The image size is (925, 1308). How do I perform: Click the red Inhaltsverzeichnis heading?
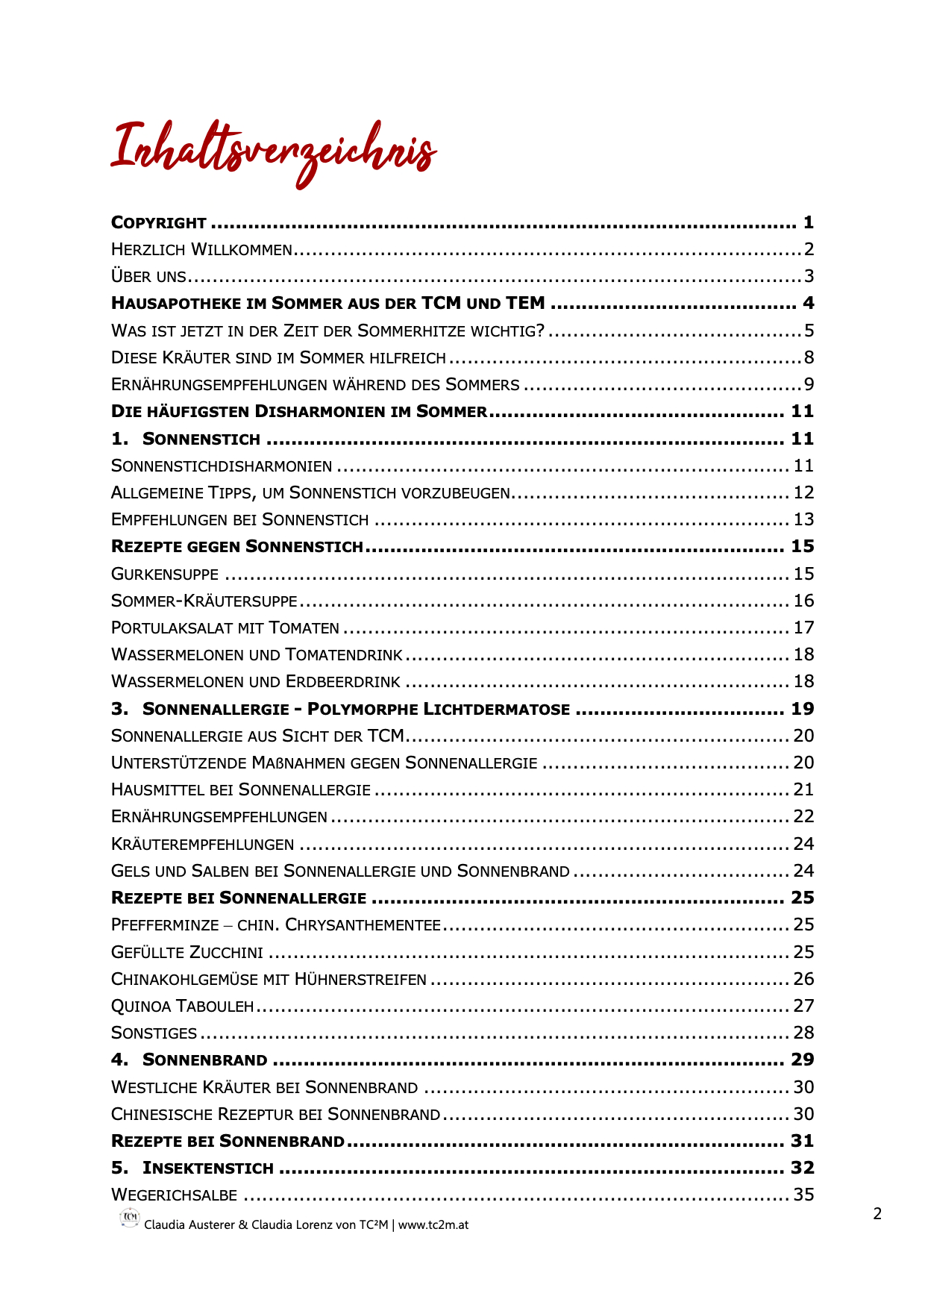273,151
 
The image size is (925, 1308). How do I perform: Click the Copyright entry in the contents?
158,222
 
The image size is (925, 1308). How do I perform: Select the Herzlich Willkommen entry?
201,249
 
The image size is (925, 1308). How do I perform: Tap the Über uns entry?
148,276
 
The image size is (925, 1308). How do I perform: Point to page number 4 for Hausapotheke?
808,303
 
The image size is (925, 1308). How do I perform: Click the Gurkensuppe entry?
165,574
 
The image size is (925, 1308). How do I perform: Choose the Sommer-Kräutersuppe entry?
204,601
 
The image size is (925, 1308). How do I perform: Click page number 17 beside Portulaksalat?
803,628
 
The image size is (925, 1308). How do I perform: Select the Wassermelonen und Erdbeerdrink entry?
255,681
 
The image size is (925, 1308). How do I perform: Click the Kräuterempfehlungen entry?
202,844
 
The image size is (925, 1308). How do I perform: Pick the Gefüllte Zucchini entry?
187,952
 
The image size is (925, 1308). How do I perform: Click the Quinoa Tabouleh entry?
182,1006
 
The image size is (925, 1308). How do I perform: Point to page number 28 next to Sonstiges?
803,1033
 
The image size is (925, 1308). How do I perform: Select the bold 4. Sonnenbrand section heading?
189,1060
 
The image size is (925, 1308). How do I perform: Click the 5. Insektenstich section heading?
192,1168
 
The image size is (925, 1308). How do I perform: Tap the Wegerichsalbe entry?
174,1195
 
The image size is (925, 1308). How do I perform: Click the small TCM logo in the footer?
130,1217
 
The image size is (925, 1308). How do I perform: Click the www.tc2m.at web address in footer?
433,1224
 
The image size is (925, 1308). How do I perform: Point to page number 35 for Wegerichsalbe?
803,1195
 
